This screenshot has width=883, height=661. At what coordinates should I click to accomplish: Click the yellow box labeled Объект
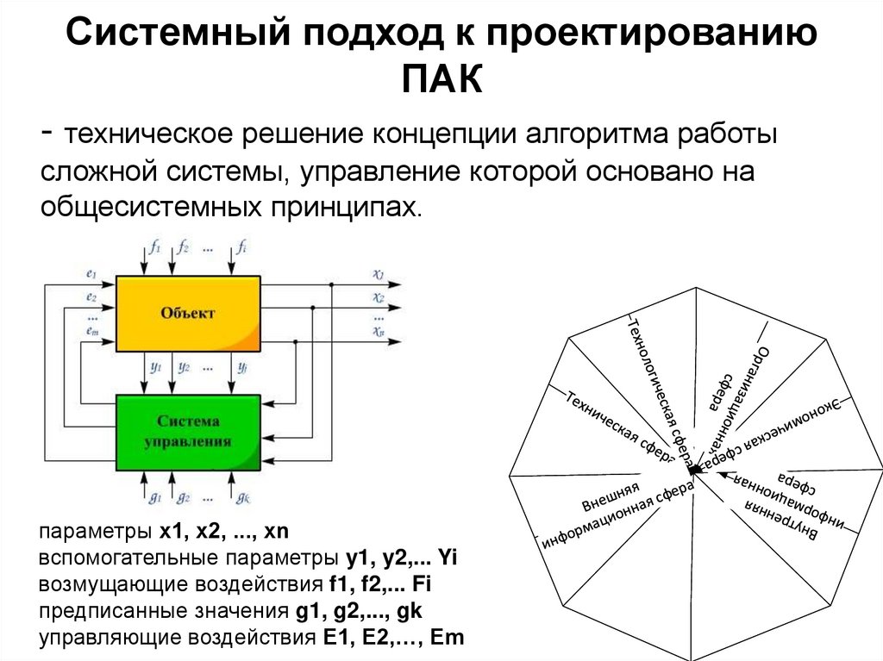[187, 313]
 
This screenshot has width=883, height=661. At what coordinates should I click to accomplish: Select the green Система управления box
[187, 431]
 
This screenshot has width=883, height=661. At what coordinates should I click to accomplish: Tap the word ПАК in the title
[441, 80]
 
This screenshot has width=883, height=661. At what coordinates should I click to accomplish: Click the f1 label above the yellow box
[154, 247]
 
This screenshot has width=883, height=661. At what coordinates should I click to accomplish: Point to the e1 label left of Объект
[91, 274]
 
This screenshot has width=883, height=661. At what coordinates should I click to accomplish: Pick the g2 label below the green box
[183, 497]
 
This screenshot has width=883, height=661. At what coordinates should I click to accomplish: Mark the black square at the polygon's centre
[692, 471]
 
